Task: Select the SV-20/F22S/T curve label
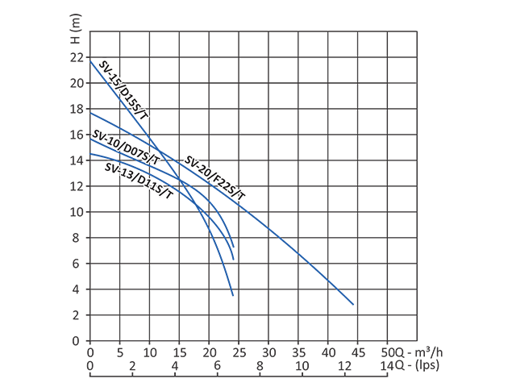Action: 214,179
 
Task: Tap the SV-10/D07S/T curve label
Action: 125,148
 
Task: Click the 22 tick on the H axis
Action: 77,57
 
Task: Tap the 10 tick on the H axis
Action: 77,212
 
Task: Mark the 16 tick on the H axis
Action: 77,135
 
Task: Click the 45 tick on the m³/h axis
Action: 358,352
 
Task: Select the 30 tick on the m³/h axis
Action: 268,352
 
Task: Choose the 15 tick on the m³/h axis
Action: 179,352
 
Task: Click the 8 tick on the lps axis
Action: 260,367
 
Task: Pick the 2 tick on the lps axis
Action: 132,367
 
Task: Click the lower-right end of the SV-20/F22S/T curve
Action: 353,304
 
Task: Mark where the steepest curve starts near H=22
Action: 90,60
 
